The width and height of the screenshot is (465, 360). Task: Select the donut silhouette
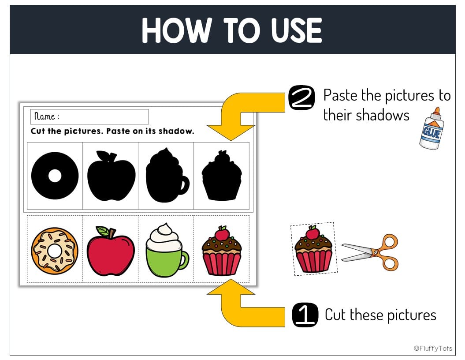[55, 176]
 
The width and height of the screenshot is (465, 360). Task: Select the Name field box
[89, 116]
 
